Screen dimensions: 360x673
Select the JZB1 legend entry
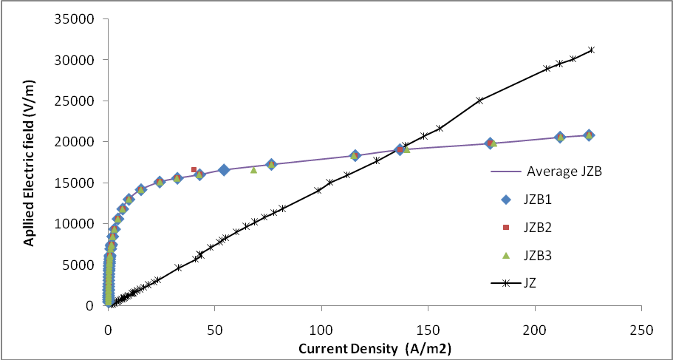546,200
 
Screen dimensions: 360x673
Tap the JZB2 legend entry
546,228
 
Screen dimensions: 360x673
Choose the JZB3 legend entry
546,255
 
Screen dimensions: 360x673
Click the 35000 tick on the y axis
72,19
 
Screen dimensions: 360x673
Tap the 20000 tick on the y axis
72,142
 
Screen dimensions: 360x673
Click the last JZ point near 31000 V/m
591,50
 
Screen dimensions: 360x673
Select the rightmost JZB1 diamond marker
589,135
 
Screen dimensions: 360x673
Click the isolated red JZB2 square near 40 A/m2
194,170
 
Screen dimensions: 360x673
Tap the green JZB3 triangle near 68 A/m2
253,170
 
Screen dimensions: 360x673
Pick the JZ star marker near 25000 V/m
479,100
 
